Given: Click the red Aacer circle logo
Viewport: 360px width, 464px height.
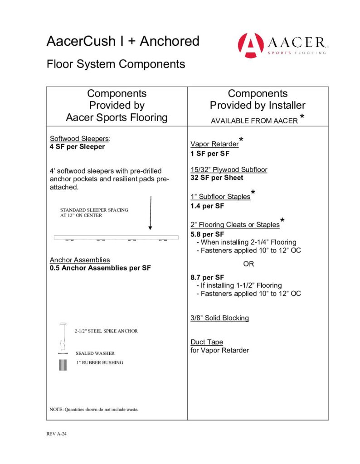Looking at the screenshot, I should pos(251,45).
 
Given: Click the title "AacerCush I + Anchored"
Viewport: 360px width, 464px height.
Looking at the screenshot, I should pos(122,41).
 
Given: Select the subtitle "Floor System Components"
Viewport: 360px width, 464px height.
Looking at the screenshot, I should pos(116,64).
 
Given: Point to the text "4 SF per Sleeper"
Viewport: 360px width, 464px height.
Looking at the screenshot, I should pos(77,147).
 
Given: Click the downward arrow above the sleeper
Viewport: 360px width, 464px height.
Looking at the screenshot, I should pos(150,213).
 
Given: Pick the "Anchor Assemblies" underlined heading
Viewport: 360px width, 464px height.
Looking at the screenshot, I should pos(80,260).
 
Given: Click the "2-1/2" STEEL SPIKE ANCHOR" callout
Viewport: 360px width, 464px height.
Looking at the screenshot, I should pos(106,331).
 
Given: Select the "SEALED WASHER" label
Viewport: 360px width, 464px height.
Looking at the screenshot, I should pos(95,353).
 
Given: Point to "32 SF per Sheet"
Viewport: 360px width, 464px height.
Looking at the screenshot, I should pos(217,178).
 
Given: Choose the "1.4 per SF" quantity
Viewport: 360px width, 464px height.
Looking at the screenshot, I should pos(207,206).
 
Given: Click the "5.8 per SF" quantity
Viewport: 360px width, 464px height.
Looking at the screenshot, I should pos(207,234).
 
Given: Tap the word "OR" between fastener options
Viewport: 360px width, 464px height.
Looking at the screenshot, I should pos(248,264).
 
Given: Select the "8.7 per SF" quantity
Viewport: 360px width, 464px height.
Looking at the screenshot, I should pos(207,277).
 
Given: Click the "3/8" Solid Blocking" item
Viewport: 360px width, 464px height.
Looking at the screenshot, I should pos(219,318).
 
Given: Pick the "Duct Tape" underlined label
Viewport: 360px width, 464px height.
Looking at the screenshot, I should pos(207,342).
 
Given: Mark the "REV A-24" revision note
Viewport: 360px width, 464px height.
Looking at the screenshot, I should pos(57,434).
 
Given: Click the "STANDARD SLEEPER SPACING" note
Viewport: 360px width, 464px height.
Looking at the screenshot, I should pos(94,210).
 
